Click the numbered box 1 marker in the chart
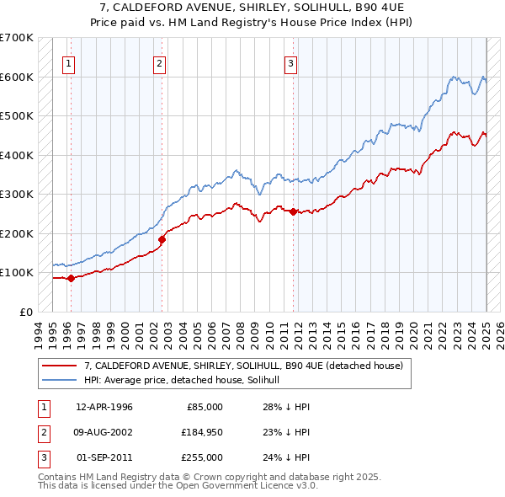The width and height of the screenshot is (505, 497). tap(68, 61)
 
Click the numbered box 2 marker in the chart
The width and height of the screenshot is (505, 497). tap(159, 61)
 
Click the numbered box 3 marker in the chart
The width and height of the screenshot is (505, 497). tap(290, 61)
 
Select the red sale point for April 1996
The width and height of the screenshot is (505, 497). tap(71, 278)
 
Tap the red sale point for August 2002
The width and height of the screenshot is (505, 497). tap(162, 239)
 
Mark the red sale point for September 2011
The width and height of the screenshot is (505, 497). tap(293, 211)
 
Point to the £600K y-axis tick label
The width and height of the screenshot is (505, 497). tap(17, 77)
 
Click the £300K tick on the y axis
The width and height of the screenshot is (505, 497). tap(17, 194)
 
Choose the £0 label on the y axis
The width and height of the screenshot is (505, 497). tap(25, 312)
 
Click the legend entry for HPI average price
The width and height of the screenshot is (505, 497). tap(187, 380)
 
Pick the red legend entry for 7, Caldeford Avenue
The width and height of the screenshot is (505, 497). tap(244, 366)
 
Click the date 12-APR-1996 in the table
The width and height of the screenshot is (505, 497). tap(104, 407)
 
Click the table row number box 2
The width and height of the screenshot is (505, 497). tap(42, 432)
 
